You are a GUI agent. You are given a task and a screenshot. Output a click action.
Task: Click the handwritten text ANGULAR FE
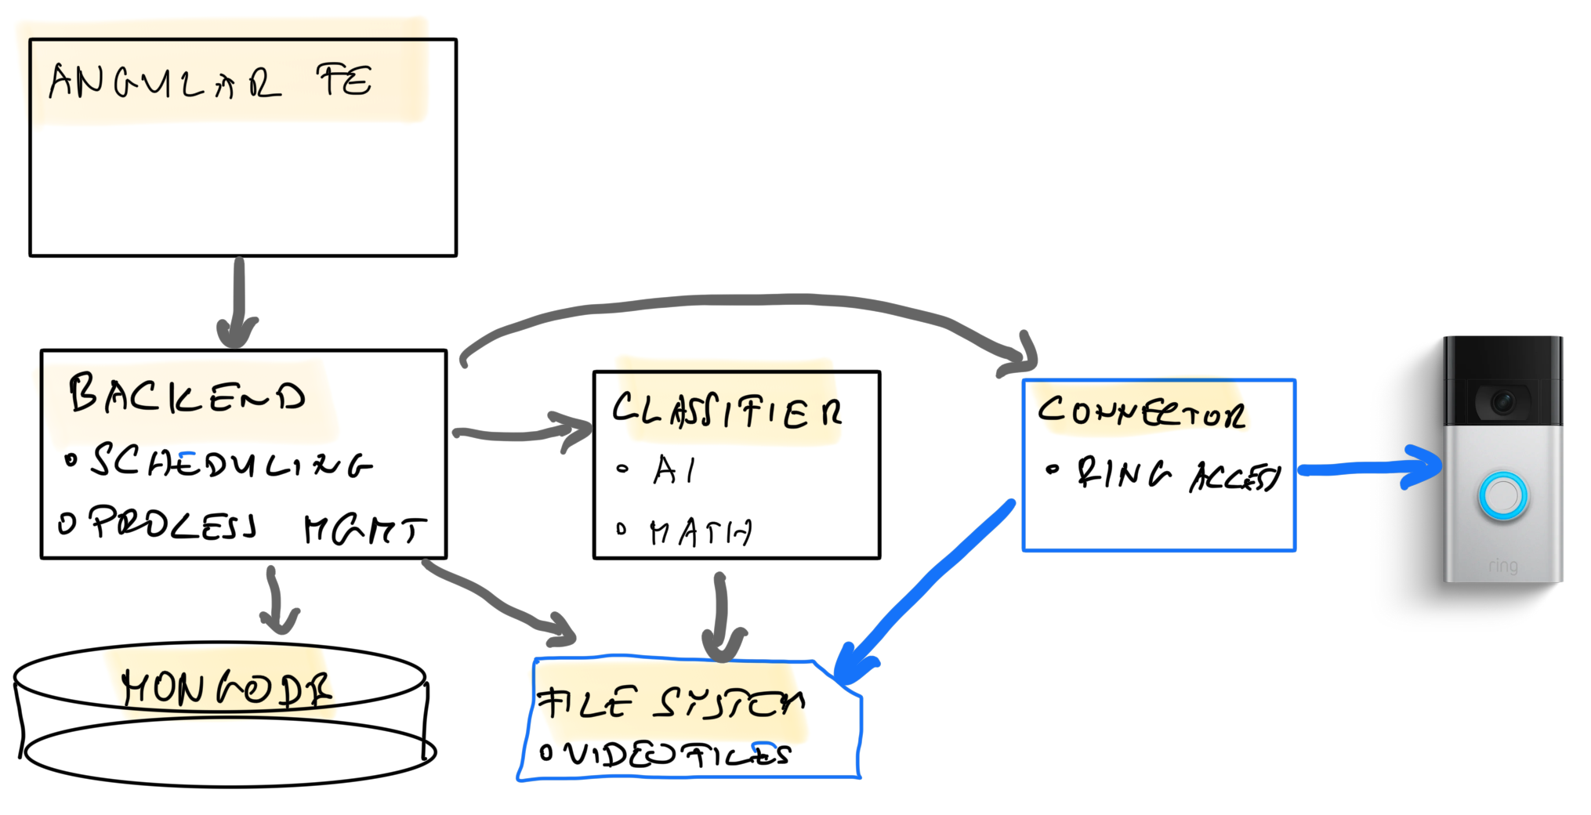point(210,81)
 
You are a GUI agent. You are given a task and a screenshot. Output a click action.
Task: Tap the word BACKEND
point(187,393)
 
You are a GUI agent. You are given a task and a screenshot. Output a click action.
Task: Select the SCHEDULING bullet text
point(231,462)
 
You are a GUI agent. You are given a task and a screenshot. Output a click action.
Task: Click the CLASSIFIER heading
point(727,411)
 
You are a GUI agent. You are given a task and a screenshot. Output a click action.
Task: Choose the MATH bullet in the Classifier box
point(700,533)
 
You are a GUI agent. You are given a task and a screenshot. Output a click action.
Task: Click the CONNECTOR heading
point(1141,411)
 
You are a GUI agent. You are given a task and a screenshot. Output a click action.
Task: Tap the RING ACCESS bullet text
point(1176,474)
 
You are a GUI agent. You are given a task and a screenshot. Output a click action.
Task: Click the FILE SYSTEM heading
point(670,702)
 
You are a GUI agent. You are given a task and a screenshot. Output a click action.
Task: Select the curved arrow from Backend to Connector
point(745,300)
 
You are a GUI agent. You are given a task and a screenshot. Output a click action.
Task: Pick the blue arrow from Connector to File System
point(925,584)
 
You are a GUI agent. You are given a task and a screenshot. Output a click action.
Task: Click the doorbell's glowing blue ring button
point(1502,495)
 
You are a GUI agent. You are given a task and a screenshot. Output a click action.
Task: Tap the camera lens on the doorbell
point(1502,402)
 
